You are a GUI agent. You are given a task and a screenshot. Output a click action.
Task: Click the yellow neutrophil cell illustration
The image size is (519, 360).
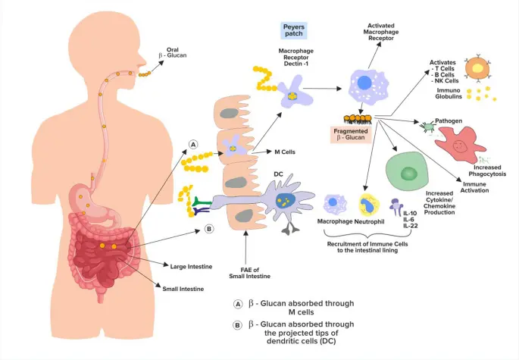pos(370,204)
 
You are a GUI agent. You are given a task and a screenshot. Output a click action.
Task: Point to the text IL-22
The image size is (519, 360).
pos(411,225)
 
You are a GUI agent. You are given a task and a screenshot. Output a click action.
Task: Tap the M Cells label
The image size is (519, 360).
pos(284,152)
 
